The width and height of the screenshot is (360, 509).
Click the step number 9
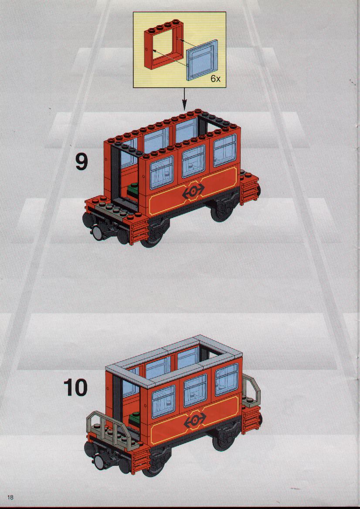click(82, 162)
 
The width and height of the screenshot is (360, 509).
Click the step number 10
click(75, 387)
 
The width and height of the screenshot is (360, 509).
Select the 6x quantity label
click(215, 78)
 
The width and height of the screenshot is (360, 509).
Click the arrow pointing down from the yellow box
click(184, 99)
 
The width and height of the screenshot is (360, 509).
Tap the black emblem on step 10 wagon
click(194, 421)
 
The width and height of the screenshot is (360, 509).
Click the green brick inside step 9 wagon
click(133, 188)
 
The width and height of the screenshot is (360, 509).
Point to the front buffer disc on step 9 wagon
click(98, 232)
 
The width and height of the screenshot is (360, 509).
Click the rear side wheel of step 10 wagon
click(224, 439)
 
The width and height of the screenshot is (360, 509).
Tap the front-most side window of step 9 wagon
click(162, 172)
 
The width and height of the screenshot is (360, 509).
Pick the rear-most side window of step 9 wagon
click(225, 150)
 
